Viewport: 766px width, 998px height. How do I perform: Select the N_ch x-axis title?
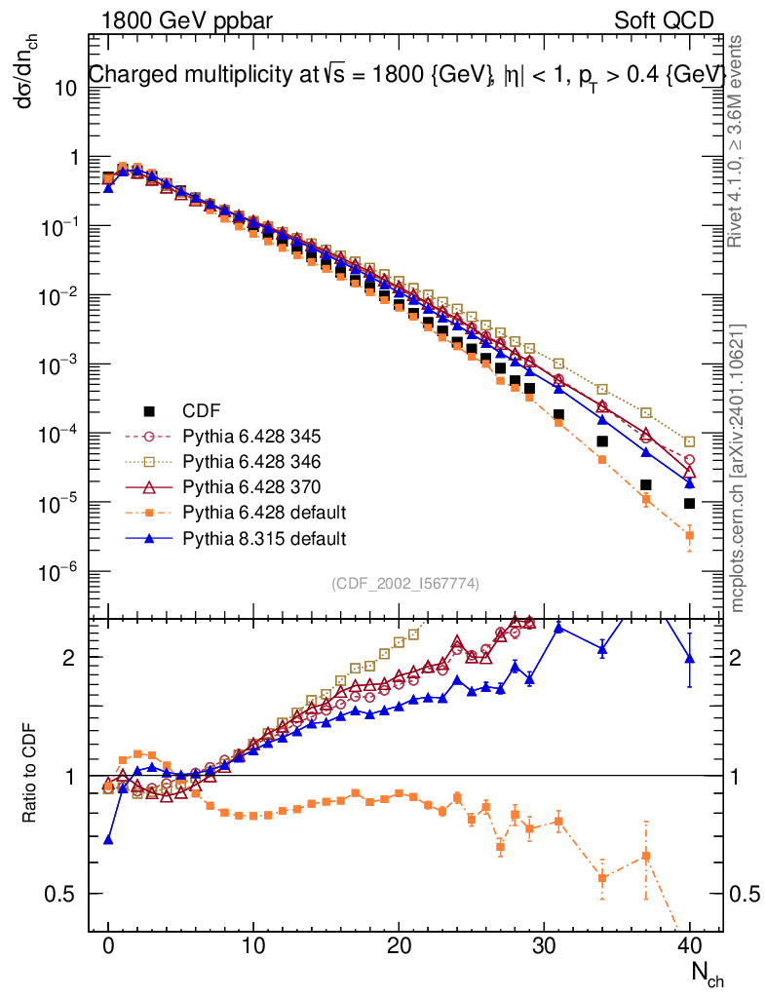[x=706, y=973]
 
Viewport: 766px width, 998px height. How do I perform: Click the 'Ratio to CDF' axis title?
[x=31, y=775]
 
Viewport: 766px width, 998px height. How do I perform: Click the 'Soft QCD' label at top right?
[x=664, y=19]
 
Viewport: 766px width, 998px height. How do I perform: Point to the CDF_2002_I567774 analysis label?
[x=405, y=584]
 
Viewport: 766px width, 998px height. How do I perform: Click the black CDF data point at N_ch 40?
[x=689, y=504]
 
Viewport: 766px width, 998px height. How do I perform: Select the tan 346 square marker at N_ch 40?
[x=689, y=441]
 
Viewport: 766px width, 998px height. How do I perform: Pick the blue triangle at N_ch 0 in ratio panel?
[x=108, y=839]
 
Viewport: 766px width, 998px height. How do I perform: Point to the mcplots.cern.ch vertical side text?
[x=738, y=468]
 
